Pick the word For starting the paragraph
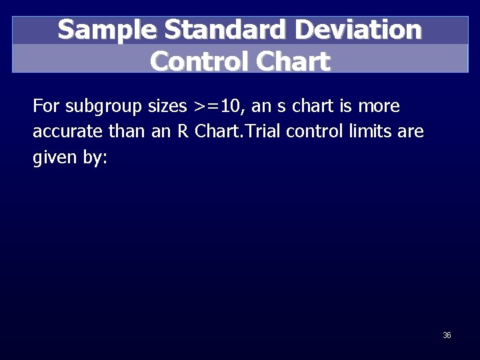pos(45,106)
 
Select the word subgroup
pos(100,107)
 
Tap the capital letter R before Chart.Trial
pos(182,131)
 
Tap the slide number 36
pos(447,335)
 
